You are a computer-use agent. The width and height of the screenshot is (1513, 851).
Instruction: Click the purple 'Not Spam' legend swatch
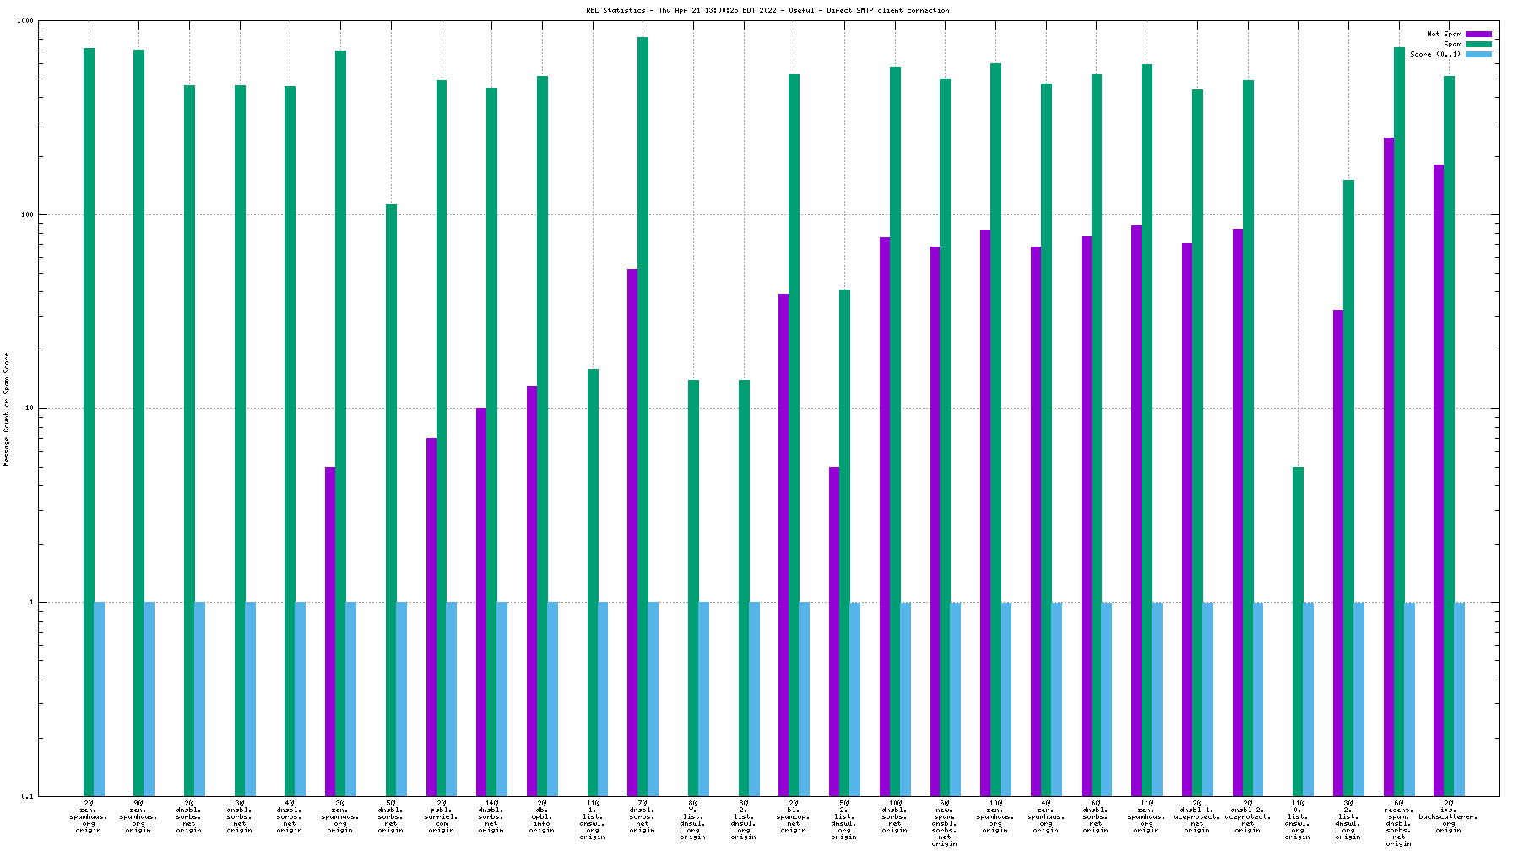[1478, 35]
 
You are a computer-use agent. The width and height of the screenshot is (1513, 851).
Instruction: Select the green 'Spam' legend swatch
[1478, 45]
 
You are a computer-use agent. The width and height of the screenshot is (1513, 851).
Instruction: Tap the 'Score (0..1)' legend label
[1434, 55]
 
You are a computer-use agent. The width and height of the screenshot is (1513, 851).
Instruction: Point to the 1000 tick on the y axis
[25, 21]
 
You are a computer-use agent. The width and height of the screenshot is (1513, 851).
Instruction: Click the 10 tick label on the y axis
[28, 409]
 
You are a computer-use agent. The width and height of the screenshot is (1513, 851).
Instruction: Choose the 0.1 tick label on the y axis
[27, 796]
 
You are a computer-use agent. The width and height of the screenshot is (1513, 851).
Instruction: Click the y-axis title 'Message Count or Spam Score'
[7, 409]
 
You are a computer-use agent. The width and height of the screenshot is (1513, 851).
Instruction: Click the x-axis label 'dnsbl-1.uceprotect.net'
[1196, 816]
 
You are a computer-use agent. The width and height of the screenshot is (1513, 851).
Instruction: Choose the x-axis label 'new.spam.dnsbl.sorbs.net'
[945, 823]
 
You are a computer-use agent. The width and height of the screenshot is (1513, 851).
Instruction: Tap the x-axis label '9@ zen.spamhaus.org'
[138, 816]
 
